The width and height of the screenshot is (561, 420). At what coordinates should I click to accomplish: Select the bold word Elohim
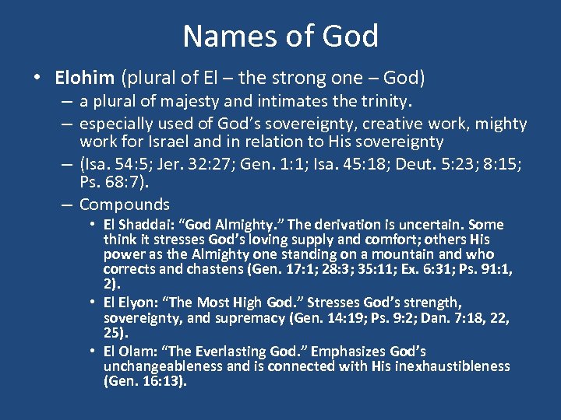(x=85, y=79)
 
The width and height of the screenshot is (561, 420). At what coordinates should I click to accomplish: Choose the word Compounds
(x=124, y=205)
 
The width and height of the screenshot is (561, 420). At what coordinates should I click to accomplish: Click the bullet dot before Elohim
(x=37, y=79)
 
